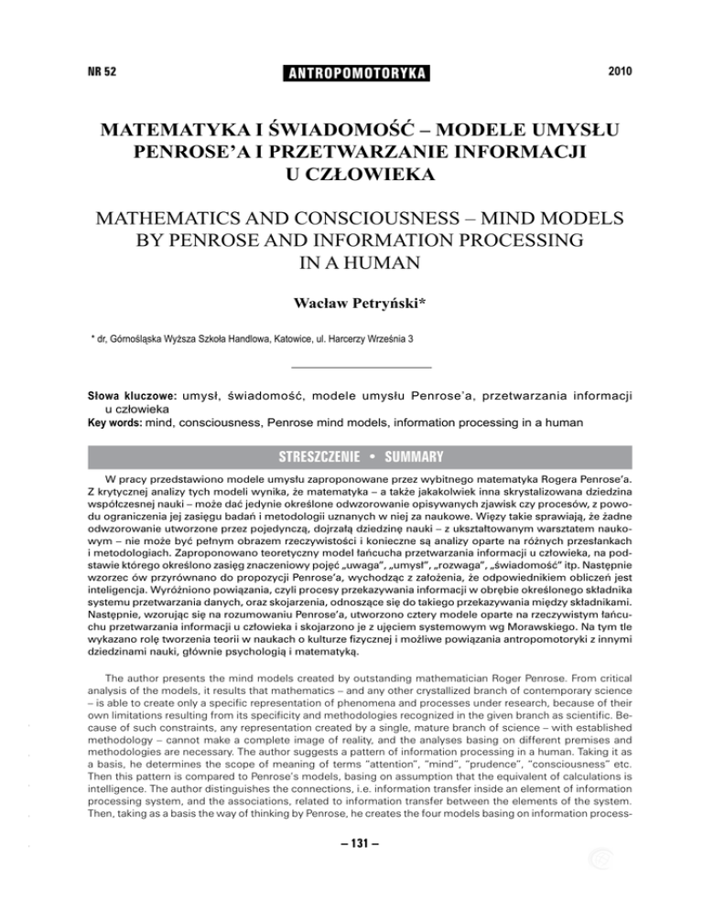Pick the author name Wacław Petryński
(351, 301)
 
